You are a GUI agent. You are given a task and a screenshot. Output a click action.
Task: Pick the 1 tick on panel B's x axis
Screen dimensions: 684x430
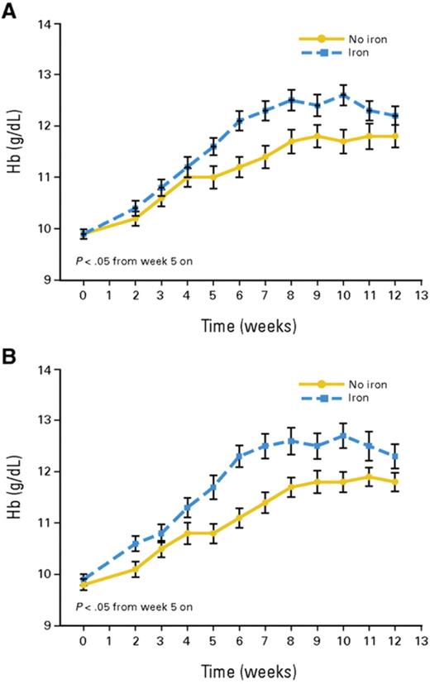coord(109,641)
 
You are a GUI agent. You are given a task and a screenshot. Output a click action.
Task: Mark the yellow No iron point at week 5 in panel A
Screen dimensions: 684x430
coord(213,177)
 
